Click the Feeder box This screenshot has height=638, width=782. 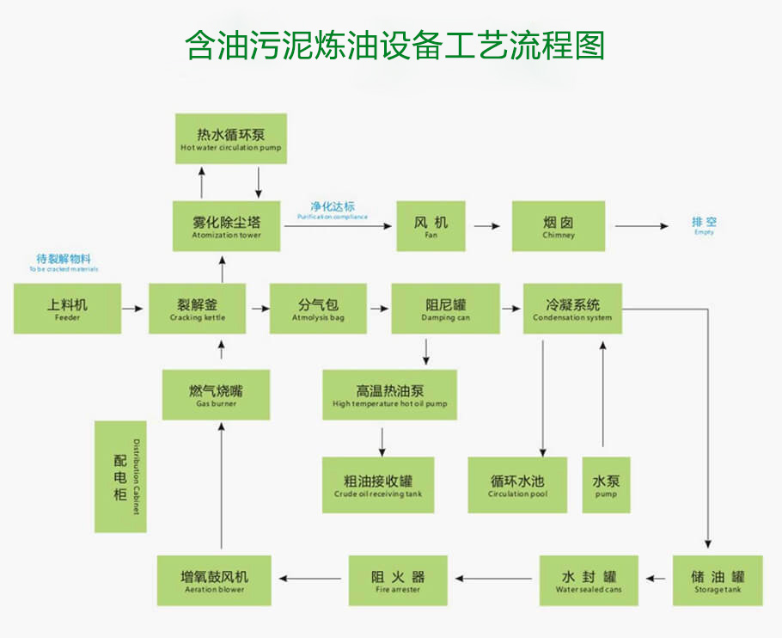67,309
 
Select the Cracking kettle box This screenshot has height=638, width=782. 198,309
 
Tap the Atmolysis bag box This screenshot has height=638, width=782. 318,309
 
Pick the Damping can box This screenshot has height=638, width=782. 445,309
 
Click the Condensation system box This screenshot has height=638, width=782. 572,309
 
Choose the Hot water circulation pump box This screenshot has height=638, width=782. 230,138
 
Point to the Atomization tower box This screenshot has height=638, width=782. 227,226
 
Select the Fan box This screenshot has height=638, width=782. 431,226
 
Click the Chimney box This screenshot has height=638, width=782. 559,226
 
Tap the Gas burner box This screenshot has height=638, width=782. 216,395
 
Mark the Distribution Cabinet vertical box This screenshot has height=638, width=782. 120,476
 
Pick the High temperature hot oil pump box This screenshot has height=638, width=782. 389,395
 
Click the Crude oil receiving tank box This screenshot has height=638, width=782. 378,486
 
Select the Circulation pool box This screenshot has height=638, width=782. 517,486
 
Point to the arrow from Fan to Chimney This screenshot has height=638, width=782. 487,226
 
